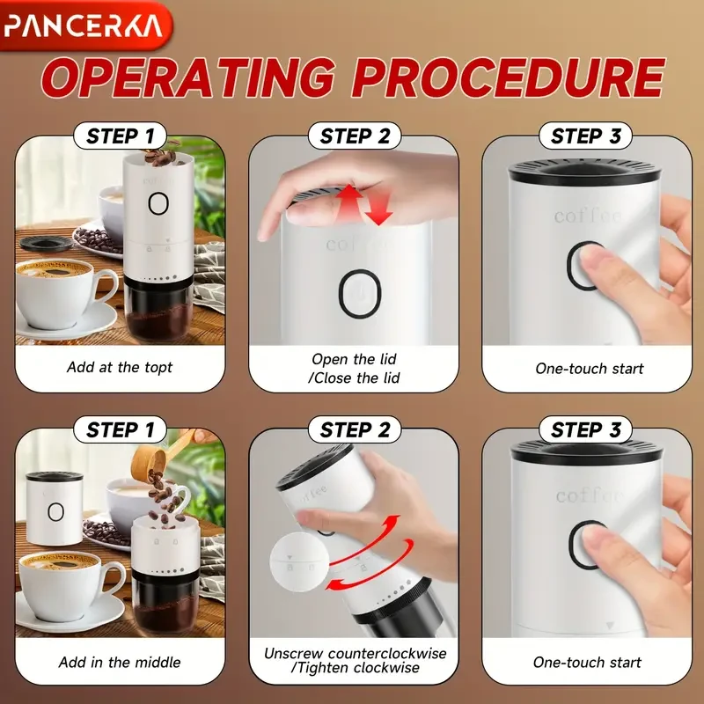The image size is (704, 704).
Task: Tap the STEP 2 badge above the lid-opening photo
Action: point(353,136)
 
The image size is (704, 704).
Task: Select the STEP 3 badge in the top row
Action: point(584,136)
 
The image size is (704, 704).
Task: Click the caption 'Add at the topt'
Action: point(121,367)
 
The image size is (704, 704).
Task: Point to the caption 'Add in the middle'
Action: point(120,662)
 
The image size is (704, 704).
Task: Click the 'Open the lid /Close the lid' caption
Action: point(353,368)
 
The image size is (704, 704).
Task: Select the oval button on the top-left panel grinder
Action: point(158,203)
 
